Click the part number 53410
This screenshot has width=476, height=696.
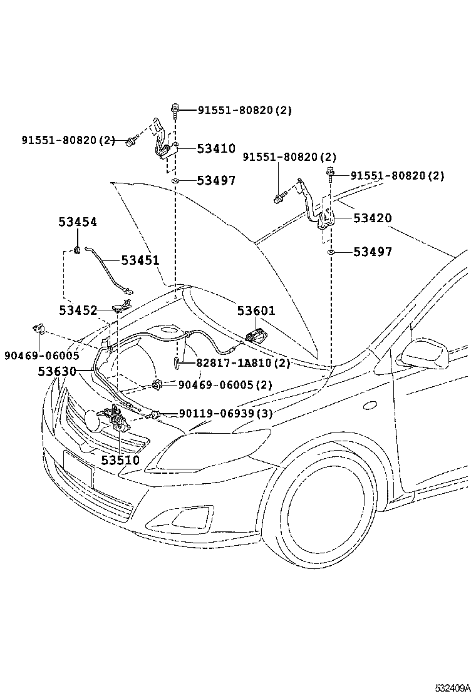[216, 149]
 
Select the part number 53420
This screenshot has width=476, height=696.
[372, 218]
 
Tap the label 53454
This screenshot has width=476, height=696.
[78, 222]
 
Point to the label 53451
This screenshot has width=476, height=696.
[140, 260]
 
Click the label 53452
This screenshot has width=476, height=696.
[78, 310]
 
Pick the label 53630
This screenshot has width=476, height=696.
[56, 371]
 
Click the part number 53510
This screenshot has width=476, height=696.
[120, 461]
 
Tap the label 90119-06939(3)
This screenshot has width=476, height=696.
[225, 413]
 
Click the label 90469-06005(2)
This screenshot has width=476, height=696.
[225, 384]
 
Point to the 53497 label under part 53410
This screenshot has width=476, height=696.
[216, 181]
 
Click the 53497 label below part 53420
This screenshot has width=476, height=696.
[372, 252]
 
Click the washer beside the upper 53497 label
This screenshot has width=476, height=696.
[177, 181]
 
